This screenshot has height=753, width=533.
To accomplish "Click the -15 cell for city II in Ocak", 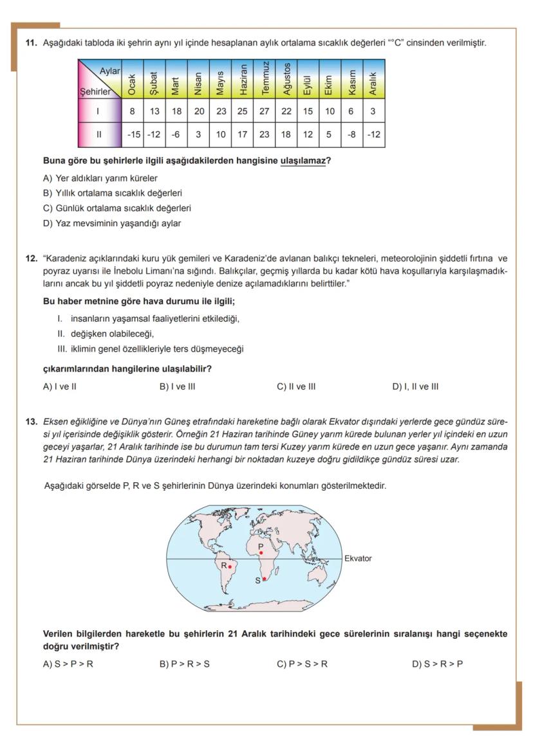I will [131, 135].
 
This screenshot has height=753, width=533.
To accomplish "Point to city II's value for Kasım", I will [351, 135].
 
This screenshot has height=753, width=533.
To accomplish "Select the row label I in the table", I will [98, 111].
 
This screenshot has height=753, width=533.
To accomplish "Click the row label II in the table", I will [98, 135].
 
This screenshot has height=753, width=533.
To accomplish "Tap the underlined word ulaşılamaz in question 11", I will [303, 161].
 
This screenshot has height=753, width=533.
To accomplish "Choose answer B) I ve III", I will [177, 386].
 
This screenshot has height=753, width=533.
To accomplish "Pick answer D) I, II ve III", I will [415, 386].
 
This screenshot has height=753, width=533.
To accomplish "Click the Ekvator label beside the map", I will [358, 558].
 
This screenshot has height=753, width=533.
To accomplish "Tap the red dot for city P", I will [261, 553].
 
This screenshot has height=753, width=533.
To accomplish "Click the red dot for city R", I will [230, 567].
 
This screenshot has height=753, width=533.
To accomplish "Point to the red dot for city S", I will [264, 579].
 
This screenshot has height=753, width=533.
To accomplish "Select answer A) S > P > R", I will [68, 664].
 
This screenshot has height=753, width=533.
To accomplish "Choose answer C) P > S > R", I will [302, 664].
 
